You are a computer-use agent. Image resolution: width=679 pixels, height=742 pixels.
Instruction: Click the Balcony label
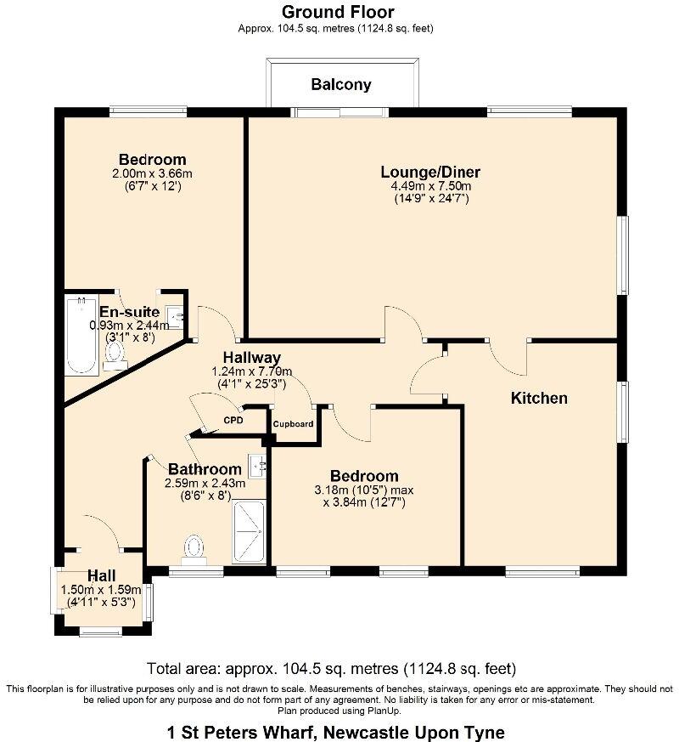(340, 84)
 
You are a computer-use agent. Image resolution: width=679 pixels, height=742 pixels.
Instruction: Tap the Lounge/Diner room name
(430, 172)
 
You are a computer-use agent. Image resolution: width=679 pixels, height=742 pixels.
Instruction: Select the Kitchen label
(539, 398)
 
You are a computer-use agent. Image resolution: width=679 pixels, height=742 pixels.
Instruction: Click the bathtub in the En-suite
(82, 336)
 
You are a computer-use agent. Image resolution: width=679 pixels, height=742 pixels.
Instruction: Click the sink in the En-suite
(174, 315)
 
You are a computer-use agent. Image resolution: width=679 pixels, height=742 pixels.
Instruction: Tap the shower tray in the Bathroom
(248, 532)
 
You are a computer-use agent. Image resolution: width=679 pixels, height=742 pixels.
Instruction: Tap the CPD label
(233, 420)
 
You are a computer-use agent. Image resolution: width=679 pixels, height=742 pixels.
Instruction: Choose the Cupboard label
(293, 424)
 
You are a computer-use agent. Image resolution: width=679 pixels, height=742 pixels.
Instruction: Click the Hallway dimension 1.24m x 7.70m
(252, 371)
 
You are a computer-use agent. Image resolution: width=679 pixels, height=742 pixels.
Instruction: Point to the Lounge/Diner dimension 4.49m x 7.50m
(431, 186)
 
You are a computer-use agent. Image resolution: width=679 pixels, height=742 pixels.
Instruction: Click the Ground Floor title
(338, 11)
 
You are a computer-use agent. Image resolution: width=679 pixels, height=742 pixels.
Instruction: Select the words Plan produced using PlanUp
(339, 711)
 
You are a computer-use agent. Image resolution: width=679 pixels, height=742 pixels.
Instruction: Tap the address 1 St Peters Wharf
(240, 733)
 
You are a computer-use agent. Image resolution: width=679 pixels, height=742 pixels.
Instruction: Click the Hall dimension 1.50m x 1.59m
(101, 590)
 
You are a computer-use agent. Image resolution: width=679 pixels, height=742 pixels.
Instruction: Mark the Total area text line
(331, 669)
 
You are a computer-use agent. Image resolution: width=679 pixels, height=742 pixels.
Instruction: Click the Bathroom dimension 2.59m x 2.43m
(205, 483)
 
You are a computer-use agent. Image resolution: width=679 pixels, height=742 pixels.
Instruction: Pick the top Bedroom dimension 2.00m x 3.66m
(152, 173)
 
